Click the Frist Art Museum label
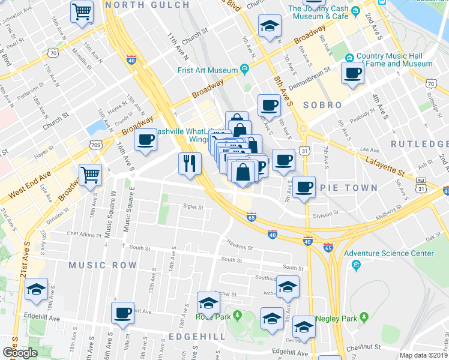[x=208, y=70]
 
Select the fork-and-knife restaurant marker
[x=189, y=164]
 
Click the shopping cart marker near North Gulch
[x=82, y=11]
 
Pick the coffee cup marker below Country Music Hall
[x=352, y=74]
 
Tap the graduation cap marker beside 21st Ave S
[x=37, y=290]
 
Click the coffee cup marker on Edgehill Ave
[x=123, y=313]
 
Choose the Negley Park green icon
[x=363, y=317]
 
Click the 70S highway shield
[x=95, y=145]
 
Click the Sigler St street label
[x=193, y=208]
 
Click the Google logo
[x=20, y=353]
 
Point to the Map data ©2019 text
[x=423, y=355]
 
